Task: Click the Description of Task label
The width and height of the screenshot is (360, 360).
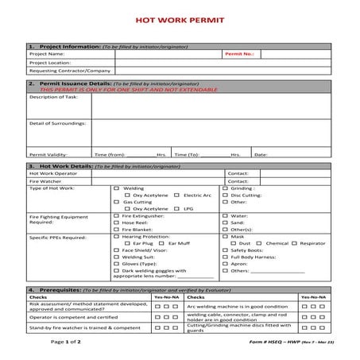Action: (x=53, y=97)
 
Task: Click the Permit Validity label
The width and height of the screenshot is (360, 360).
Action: (x=47, y=154)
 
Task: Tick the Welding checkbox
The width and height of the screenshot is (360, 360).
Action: (x=117, y=188)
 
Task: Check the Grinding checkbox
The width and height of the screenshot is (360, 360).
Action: (x=225, y=188)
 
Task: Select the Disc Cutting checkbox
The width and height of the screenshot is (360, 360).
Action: (x=225, y=195)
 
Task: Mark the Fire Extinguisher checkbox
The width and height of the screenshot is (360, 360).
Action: (x=117, y=215)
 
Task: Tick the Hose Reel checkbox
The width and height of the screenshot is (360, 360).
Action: (x=117, y=223)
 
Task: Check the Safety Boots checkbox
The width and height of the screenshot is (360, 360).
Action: (x=225, y=250)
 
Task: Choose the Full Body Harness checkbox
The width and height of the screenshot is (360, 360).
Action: (x=225, y=257)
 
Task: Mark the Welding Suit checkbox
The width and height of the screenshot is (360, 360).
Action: (x=117, y=257)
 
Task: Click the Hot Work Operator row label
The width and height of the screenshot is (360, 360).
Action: (x=54, y=172)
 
